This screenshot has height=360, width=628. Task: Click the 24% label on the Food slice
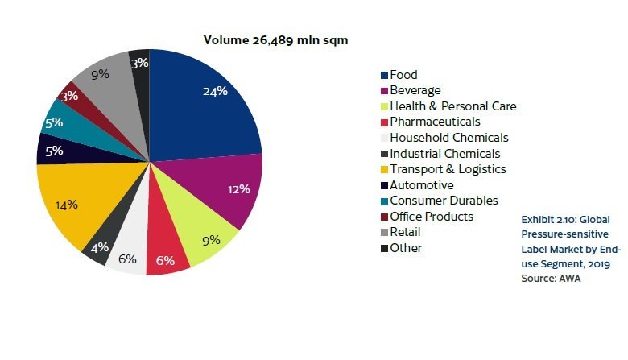(x=215, y=92)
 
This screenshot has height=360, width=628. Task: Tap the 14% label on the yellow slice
(x=67, y=205)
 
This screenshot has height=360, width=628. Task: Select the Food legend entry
(x=403, y=75)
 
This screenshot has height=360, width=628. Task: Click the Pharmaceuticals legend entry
(x=435, y=122)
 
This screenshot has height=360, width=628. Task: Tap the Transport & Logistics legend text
(x=448, y=169)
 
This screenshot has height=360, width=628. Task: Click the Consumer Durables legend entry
(x=444, y=201)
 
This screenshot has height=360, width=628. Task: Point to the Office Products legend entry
(x=431, y=217)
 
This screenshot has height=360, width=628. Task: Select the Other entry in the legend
(x=406, y=248)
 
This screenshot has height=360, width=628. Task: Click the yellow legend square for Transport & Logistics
(x=384, y=169)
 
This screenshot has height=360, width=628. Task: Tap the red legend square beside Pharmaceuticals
(x=384, y=122)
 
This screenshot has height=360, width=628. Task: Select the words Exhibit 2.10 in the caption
(x=550, y=218)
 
